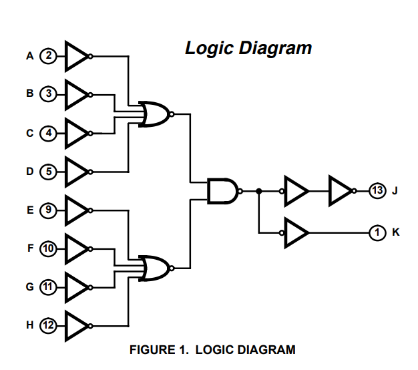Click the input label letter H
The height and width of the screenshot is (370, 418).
pos(30,325)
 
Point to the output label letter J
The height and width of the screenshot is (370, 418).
pos(395,191)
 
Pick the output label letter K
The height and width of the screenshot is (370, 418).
pos(396,232)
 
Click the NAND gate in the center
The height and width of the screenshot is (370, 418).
pos(223,191)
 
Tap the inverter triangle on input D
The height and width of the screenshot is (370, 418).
pos(76,172)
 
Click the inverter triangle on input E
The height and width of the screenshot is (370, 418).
pos(76,210)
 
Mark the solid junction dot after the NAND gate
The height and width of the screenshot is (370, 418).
pos(258,191)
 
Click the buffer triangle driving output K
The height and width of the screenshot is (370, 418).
pos(296,232)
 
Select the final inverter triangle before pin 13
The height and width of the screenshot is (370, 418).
pos(341,191)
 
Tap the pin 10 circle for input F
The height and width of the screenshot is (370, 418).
pos(48,248)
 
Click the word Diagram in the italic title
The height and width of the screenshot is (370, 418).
pos(275,48)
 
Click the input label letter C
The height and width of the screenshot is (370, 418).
pos(30,133)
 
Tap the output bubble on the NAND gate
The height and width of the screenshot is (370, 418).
pos(240,191)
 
